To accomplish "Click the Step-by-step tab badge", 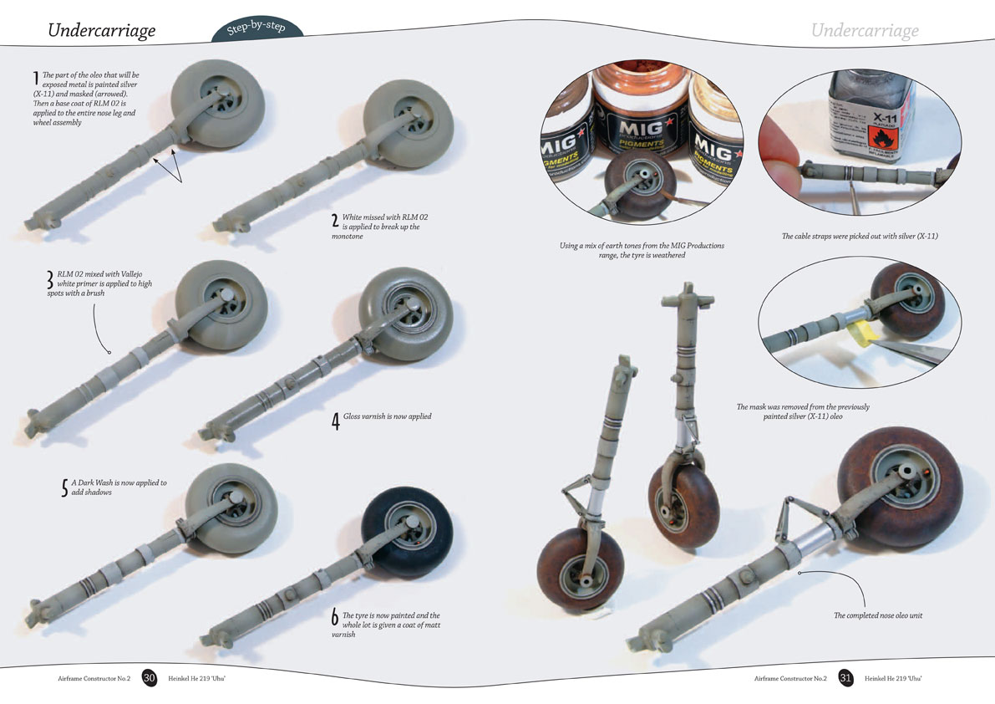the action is pos(257,29).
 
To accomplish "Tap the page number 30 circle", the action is pos(149,677).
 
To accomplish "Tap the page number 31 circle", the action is pos(845,677).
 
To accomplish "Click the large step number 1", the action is pos(36,79).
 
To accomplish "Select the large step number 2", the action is pos(334,221).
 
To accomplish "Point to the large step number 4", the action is pos(336,421).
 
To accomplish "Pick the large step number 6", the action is pos(334,616).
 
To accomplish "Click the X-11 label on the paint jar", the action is pos(885,118).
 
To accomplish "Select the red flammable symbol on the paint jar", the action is pos(883,138).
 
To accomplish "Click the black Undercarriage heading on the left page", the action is pos(102,30).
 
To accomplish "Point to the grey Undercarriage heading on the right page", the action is pos(865,30).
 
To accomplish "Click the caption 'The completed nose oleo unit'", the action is pos(877,615).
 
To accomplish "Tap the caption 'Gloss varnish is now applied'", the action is pos(387,416).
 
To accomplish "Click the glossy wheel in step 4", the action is pos(406,314).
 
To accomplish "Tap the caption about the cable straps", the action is pos(859,236).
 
